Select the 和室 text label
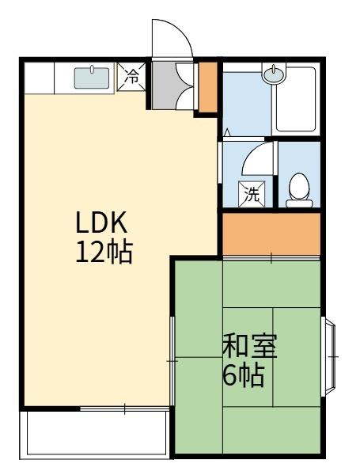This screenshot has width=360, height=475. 248,347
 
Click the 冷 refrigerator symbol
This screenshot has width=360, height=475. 133,78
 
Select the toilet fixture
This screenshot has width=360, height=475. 299,189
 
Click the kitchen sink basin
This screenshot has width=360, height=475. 93,78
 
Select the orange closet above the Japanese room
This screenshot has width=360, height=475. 271,234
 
